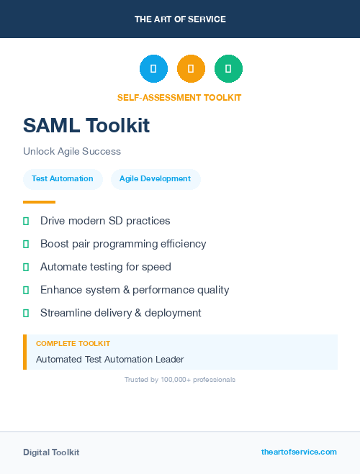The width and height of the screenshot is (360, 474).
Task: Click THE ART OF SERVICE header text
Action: click(180, 19)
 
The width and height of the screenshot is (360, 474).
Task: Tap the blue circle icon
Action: click(153, 68)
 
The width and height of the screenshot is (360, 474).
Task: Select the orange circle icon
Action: click(191, 68)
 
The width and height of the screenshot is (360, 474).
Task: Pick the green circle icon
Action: click(228, 68)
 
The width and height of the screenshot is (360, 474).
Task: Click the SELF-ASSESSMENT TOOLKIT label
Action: click(179, 97)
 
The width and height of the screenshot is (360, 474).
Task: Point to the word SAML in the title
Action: click(51, 126)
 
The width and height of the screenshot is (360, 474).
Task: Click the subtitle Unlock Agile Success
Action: click(72, 151)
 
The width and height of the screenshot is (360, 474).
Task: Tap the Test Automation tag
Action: click(63, 178)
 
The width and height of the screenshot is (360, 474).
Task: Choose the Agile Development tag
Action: click(155, 178)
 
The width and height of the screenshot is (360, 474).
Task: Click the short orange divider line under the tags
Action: click(39, 202)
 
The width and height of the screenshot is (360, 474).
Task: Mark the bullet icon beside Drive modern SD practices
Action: click(26, 221)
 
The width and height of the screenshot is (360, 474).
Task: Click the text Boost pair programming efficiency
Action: click(123, 244)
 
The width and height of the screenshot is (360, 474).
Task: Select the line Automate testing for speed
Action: click(106, 267)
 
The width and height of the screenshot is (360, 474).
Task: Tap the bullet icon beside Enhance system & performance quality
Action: click(26, 290)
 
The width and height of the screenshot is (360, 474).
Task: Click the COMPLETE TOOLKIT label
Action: click(73, 344)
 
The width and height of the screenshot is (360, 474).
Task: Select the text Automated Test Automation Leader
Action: click(110, 359)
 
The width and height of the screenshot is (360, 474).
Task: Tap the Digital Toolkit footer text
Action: click(51, 452)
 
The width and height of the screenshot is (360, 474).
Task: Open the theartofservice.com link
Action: click(299, 452)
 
